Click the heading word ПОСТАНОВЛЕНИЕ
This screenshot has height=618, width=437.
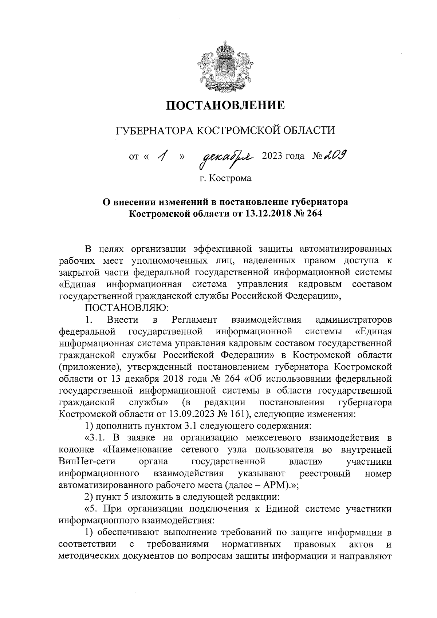225,106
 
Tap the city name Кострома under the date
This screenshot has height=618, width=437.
232,178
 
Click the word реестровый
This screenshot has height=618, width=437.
325,474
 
